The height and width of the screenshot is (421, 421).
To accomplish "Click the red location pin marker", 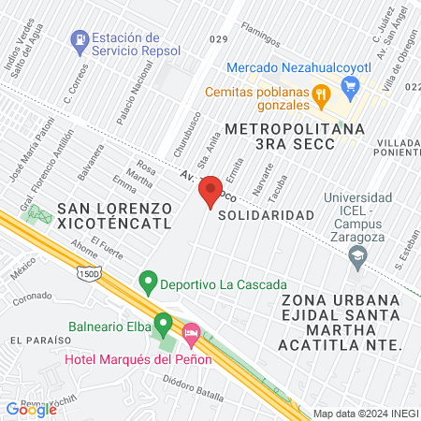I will tap(210, 190).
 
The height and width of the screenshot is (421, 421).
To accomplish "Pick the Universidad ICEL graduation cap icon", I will tap(356, 254).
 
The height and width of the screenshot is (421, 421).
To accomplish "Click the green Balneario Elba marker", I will tap(164, 325).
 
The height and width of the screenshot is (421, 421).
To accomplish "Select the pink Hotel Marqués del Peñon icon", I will tap(191, 333).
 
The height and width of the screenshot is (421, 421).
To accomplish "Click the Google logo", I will tap(31, 409).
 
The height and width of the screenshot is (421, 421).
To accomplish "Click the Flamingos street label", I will tap(261, 35).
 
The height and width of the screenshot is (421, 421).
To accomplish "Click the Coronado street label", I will tap(32, 297).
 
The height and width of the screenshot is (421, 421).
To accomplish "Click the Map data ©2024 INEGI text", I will tap(365, 414).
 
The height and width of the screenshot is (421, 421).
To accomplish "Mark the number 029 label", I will tap(219, 38).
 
